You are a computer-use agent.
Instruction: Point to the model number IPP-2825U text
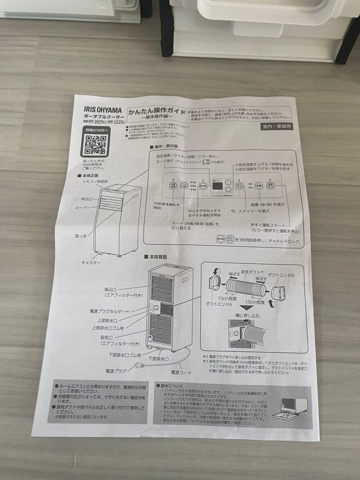tap(99, 121)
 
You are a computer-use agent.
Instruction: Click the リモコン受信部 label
tap(94, 182)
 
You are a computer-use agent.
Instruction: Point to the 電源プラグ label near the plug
tap(116, 370)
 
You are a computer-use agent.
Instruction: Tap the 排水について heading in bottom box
tap(172, 386)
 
